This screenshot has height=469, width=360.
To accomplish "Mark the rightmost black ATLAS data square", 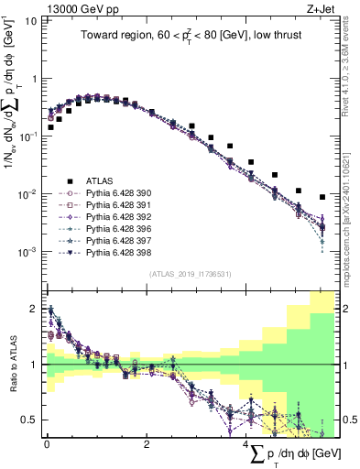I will coord(322,197).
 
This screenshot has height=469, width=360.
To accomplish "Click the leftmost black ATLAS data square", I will coord(50,127).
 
